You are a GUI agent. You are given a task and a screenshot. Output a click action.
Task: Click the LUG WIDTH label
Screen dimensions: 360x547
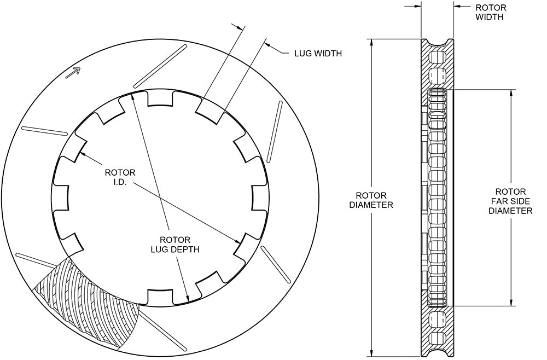[x=317, y=54]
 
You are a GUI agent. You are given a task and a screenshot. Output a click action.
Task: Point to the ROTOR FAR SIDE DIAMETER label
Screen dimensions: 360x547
[x=510, y=201]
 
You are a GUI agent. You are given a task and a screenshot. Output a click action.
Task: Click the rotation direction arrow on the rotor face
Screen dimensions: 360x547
[x=73, y=73]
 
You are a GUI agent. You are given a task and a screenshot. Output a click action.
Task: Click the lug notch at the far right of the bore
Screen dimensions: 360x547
[x=261, y=198]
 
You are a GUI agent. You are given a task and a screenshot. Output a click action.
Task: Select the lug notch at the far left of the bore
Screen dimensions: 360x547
[x=61, y=198]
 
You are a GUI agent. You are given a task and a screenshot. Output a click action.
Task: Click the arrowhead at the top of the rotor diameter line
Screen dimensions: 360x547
[x=371, y=43]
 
